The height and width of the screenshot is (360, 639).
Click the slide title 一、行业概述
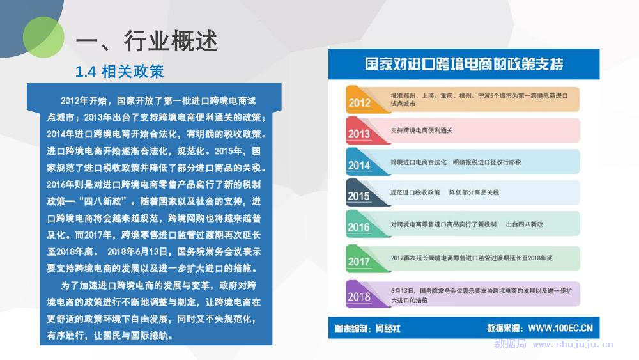point(147,41)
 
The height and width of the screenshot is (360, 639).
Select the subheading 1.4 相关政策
point(119,72)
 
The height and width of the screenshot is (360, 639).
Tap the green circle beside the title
point(43,37)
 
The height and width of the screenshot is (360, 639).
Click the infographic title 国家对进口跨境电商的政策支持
point(464,64)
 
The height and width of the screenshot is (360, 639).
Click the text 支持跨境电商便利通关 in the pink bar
point(422,130)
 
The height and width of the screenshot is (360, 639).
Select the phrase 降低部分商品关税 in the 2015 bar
point(474,192)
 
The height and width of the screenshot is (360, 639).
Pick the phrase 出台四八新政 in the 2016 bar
point(525,224)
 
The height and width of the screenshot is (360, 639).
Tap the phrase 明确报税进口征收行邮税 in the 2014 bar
point(487,162)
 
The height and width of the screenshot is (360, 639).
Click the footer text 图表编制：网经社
point(367,328)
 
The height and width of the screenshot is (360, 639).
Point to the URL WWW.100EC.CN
point(560,328)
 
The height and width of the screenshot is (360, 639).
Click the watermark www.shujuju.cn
point(573,345)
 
